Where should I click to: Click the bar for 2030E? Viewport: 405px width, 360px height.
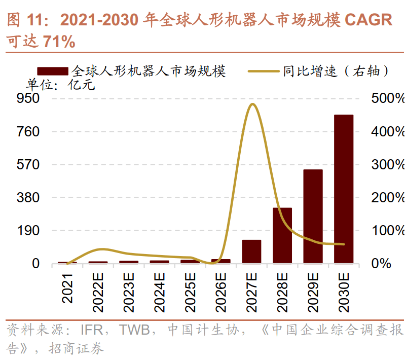(343, 189)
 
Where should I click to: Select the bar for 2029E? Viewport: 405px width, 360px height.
(313, 217)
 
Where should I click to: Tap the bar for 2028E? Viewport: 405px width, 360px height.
(282, 235)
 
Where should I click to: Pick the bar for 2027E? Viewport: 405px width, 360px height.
(251, 251)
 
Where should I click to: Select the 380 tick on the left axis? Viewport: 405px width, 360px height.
(28, 197)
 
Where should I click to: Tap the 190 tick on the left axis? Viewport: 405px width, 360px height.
(28, 231)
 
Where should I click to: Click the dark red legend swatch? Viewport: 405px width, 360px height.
(52, 71)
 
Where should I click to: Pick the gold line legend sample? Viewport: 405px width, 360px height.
(264, 71)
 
